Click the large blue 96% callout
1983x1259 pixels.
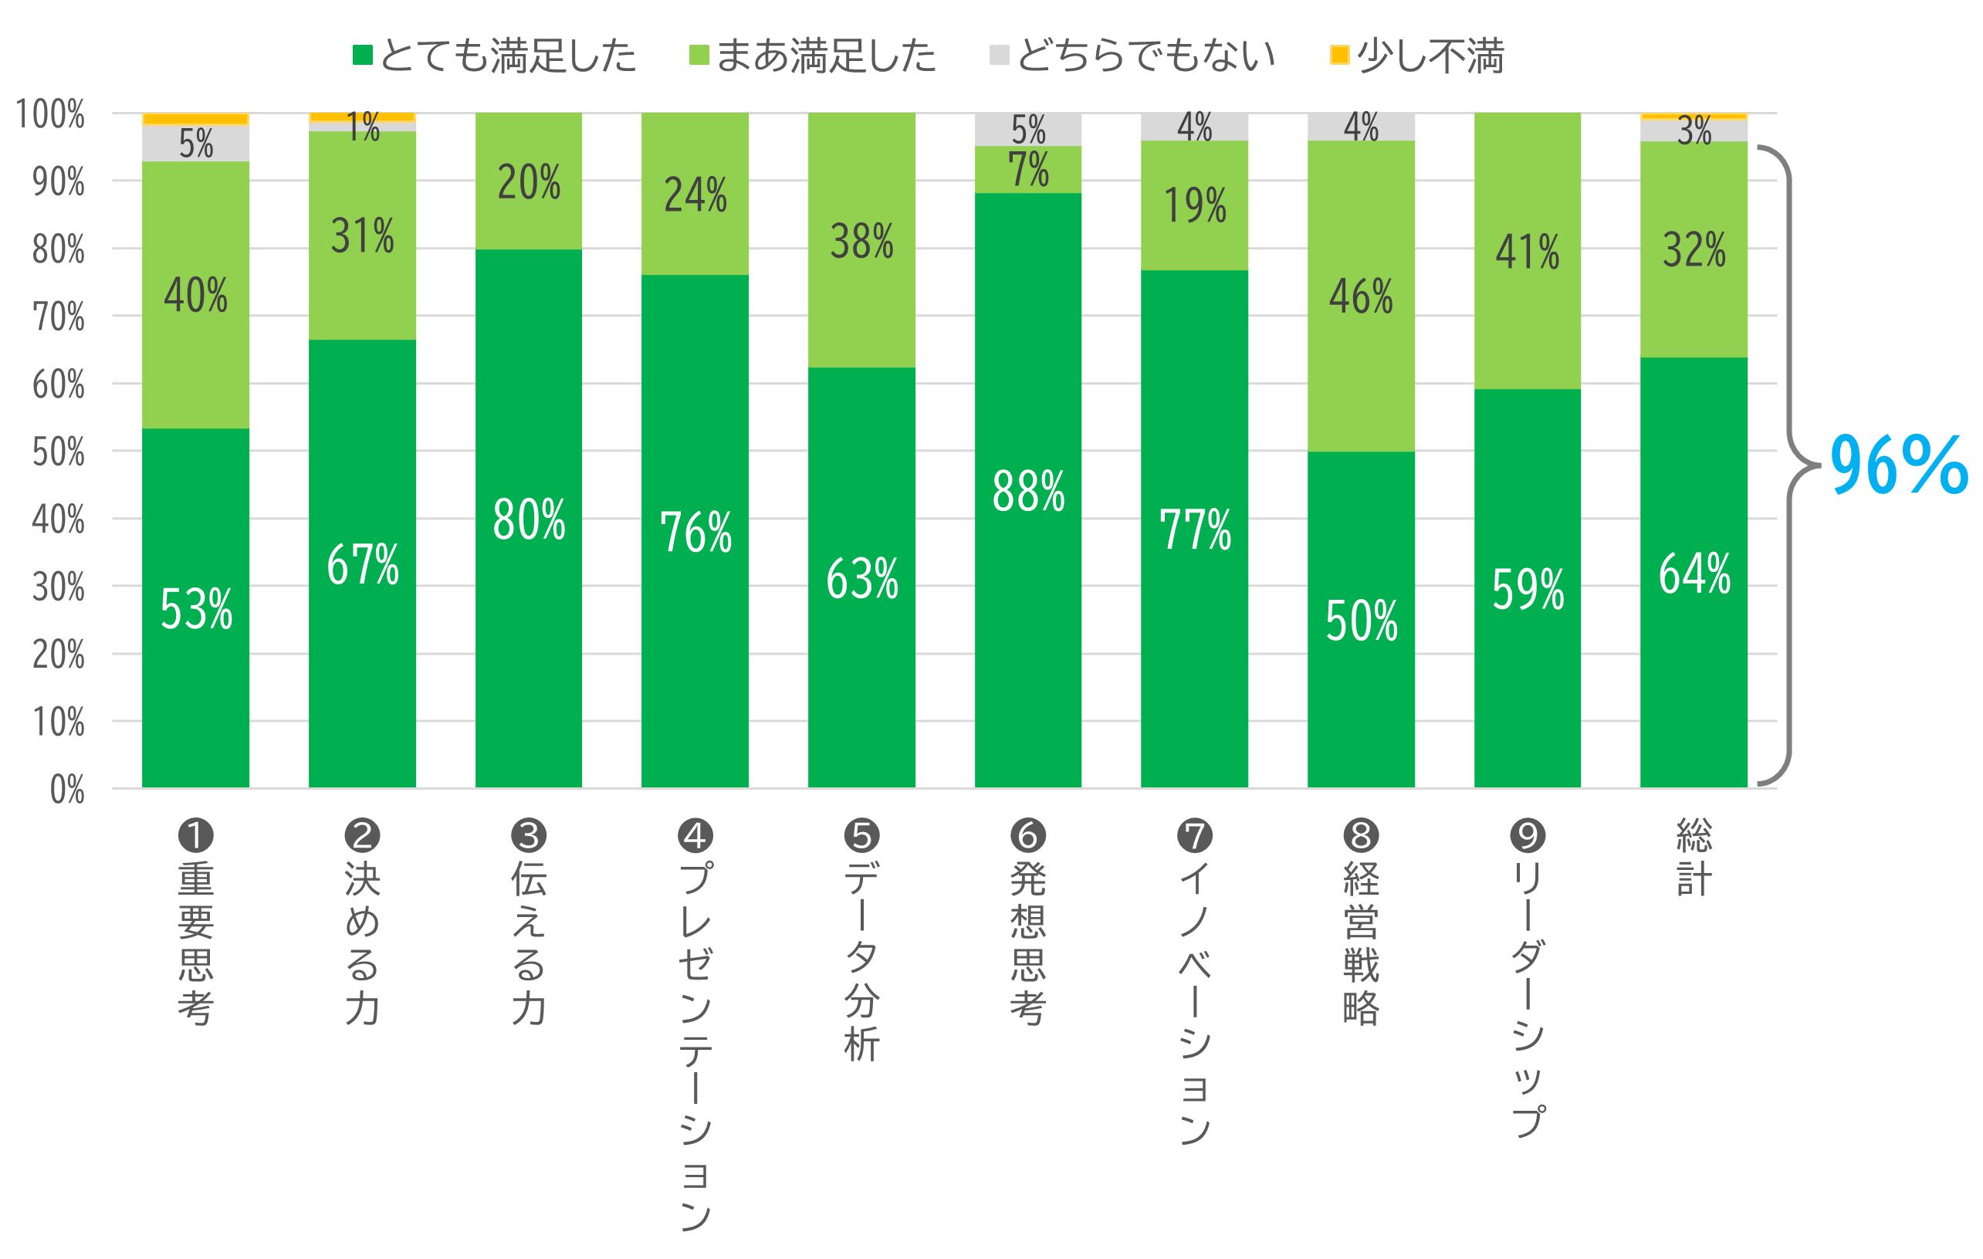1897,465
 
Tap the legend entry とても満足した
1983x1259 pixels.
494,56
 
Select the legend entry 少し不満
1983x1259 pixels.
1418,56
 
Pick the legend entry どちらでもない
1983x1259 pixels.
1133,56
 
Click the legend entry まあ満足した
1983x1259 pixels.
813,56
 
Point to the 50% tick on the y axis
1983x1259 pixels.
58,452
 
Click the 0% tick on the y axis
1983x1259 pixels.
66,790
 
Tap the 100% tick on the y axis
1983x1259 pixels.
50,113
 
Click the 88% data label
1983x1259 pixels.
1027,492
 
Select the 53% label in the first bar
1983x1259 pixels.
196,609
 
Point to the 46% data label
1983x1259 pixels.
1360,296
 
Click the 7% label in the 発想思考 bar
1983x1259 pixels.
1027,170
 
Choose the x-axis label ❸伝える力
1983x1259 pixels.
529,922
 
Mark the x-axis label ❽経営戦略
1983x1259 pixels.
1360,922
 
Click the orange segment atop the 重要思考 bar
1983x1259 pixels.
196,120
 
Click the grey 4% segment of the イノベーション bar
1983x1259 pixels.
1194,127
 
